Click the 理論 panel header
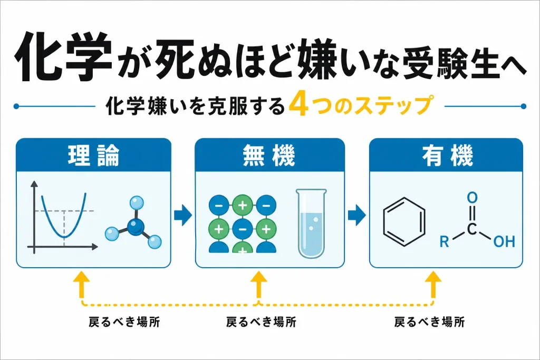coord(94,155)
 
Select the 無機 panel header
coord(269,155)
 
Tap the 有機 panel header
coord(446,155)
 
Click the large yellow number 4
coord(298,105)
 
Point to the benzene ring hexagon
coord(404,222)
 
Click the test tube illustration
coord(311,223)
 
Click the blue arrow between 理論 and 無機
coord(182,215)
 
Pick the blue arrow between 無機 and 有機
coord(356,215)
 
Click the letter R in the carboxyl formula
coord(444,241)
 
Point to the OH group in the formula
coord(504,241)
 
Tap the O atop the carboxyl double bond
coord(472,198)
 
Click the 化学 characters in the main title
coord(64,56)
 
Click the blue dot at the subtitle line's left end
coord(16,106)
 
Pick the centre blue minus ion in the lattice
coord(243,229)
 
